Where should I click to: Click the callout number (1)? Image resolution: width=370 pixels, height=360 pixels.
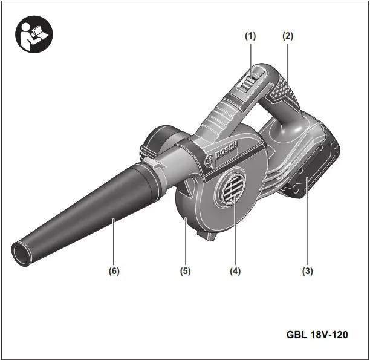(x=250, y=36)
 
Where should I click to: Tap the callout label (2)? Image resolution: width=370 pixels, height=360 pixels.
(x=288, y=36)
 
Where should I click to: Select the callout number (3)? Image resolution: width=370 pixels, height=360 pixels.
(x=308, y=272)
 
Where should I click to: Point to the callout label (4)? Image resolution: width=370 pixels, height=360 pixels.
(x=235, y=272)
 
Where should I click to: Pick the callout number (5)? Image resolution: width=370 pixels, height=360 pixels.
(x=185, y=272)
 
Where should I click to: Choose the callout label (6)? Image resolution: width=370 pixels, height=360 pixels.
(x=114, y=272)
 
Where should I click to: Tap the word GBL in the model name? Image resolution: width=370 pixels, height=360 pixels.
(x=297, y=334)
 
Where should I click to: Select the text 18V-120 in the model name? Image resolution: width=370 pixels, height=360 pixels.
(x=329, y=334)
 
